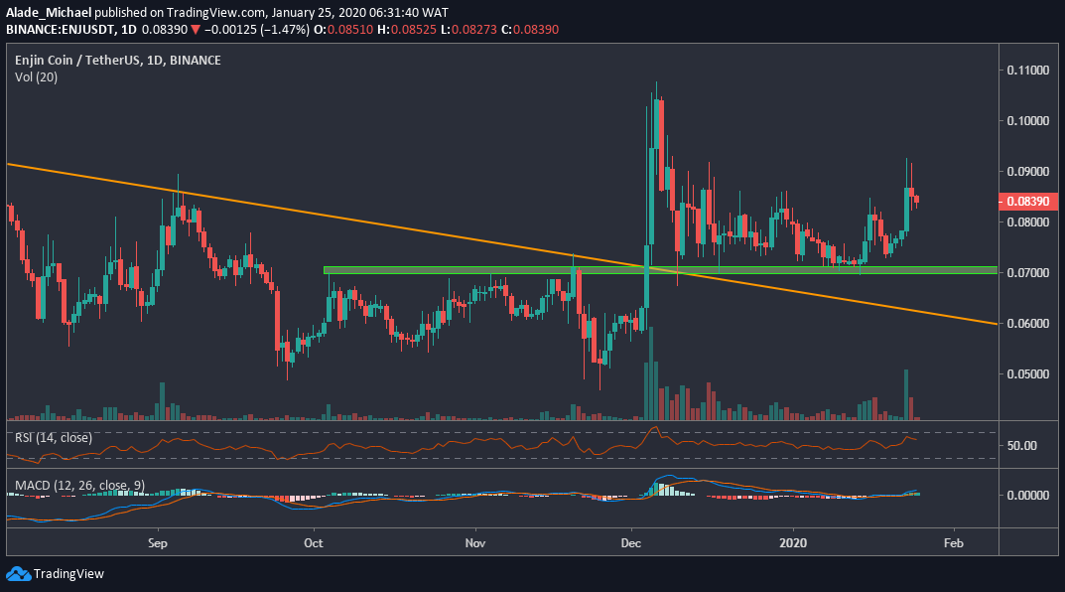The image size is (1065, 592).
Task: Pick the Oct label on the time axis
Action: (x=314, y=543)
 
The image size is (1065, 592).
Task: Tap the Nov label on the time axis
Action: (x=475, y=543)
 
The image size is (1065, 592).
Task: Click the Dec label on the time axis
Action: (x=630, y=543)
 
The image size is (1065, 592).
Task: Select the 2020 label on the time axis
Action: (x=793, y=543)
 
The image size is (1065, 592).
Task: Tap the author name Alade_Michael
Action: (x=48, y=11)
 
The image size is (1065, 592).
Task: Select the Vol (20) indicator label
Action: (x=36, y=76)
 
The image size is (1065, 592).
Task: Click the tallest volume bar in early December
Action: (x=651, y=375)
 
